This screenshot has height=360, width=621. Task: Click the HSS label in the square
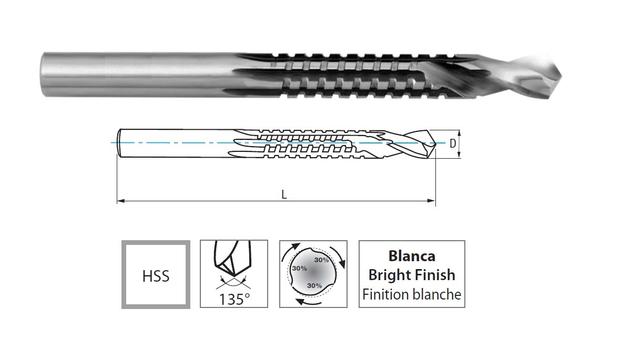pyautogui.click(x=156, y=276)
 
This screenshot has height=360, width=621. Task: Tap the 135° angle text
pyautogui.click(x=234, y=299)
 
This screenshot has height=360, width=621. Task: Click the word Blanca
pyautogui.click(x=412, y=256)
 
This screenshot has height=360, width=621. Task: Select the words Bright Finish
pyautogui.click(x=412, y=274)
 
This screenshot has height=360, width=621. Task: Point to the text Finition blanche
pyautogui.click(x=412, y=294)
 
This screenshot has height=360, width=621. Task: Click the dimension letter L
pyautogui.click(x=283, y=194)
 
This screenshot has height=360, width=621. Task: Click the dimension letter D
pyautogui.click(x=453, y=144)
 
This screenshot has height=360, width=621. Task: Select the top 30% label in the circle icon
pyautogui.click(x=321, y=260)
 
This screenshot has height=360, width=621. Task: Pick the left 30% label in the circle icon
pyautogui.click(x=299, y=268)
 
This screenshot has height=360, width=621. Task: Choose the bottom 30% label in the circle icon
pyautogui.click(x=314, y=285)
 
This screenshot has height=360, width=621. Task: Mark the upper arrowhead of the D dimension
pyautogui.click(x=459, y=133)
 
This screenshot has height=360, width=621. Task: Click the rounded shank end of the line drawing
pyautogui.click(x=119, y=143)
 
